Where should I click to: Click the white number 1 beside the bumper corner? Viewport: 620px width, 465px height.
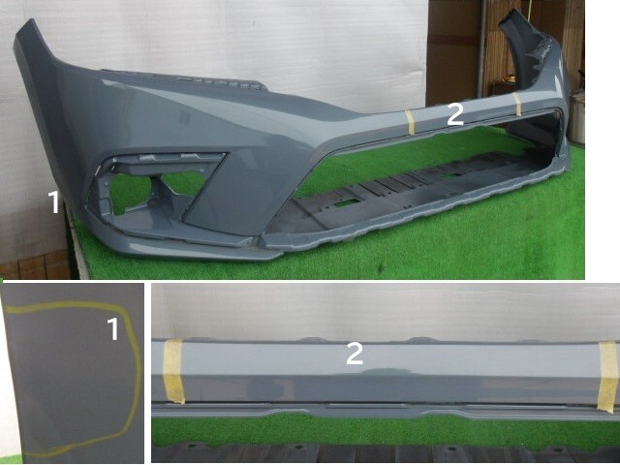point(54,202)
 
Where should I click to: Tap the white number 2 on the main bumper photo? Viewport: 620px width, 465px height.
point(455,114)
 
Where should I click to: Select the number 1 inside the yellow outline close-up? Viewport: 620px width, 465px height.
point(113,329)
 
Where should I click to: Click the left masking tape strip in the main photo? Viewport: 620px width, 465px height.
point(410,122)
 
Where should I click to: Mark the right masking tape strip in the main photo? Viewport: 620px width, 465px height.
point(517,105)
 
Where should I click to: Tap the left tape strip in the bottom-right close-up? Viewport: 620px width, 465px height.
point(174,371)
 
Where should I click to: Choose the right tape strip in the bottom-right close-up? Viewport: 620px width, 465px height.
point(608,377)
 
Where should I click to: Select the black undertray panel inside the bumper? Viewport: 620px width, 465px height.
point(399,190)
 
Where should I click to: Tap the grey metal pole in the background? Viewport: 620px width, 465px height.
point(481,47)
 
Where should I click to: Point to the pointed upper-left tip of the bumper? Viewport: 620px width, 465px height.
point(28,20)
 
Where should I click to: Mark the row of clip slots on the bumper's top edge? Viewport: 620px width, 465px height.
point(182,78)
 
